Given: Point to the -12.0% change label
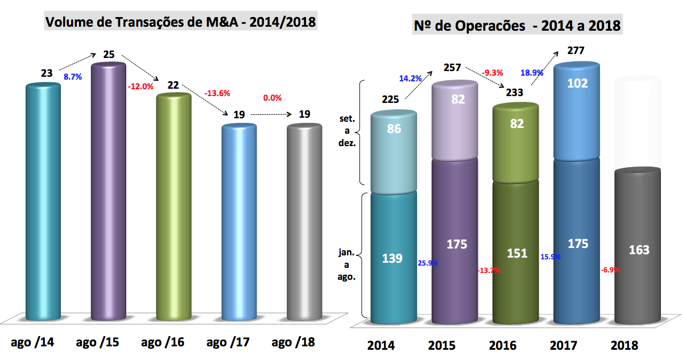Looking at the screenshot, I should [x=142, y=86].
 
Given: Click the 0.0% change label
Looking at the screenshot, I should [x=272, y=98].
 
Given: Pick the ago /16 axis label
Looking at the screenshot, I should [x=163, y=342].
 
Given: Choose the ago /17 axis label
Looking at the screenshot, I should [x=228, y=342].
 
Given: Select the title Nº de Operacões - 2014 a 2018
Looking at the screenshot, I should [x=516, y=26].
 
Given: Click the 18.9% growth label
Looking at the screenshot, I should [x=532, y=73].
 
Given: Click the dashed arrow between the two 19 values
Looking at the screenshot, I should [x=270, y=115].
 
